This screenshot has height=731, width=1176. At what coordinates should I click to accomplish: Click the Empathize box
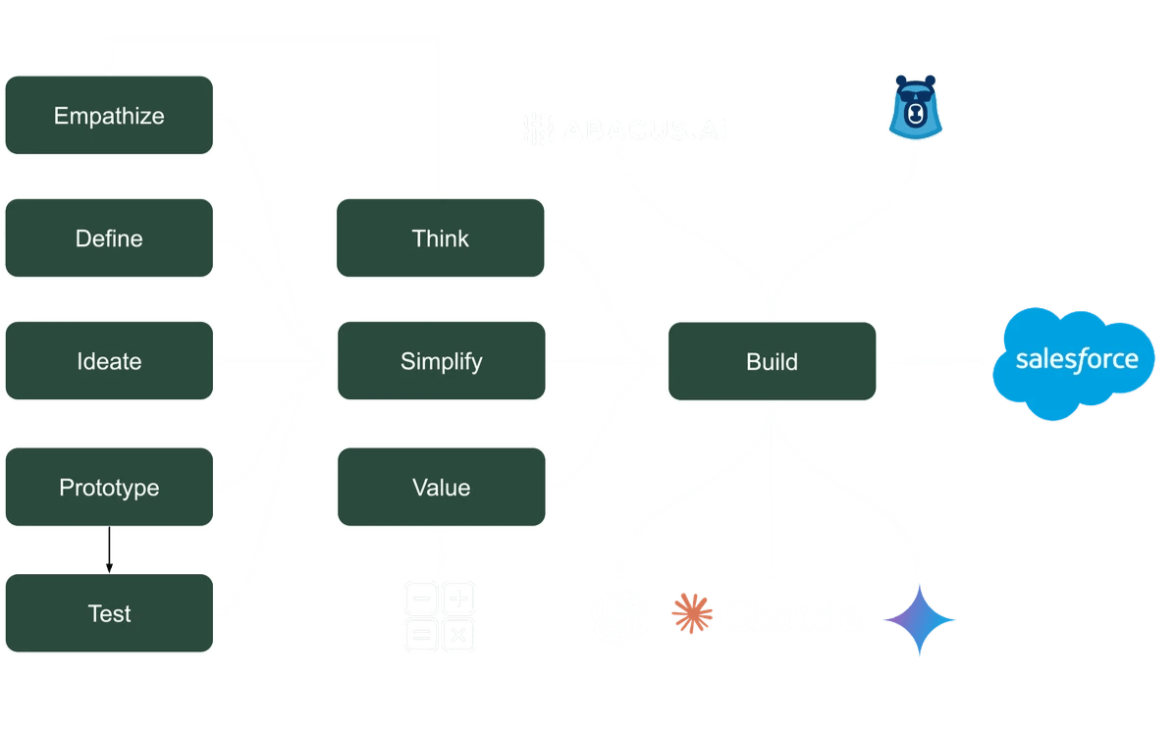tap(109, 116)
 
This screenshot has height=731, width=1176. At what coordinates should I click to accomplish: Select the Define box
tap(109, 238)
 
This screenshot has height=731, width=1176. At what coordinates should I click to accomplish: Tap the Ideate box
tap(109, 361)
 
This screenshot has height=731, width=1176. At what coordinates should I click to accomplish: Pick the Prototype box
tap(109, 488)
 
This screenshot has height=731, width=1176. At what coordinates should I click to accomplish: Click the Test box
tap(109, 614)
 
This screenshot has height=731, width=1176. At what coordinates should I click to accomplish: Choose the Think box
tap(440, 238)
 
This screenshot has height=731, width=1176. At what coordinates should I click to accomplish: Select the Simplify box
tap(440, 361)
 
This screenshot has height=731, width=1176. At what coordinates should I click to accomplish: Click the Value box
tap(440, 488)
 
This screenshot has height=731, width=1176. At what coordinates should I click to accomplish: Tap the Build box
tap(772, 361)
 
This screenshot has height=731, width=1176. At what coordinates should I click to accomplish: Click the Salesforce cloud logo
tap(1076, 360)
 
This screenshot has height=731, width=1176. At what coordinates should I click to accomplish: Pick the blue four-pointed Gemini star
tap(920, 619)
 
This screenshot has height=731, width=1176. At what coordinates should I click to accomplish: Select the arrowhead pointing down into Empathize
tap(109, 70)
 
